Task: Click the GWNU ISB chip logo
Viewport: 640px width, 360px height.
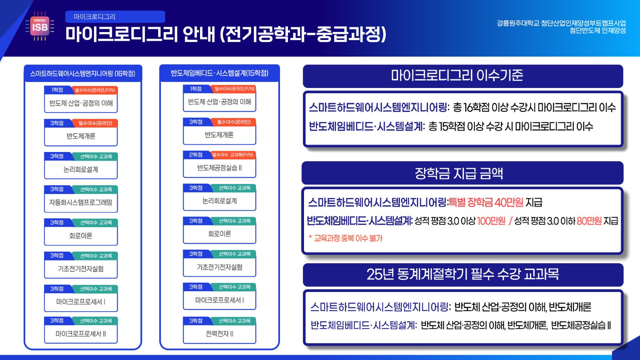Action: [x=40, y=26]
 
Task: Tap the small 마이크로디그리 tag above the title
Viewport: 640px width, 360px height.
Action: [x=115, y=16]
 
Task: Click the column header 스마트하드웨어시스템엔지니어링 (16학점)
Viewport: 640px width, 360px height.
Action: [x=83, y=74]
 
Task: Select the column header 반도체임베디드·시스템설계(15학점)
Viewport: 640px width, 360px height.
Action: [x=220, y=73]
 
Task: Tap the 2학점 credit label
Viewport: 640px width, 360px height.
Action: [x=196, y=154]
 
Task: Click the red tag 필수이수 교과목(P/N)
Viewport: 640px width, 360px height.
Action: [x=232, y=154]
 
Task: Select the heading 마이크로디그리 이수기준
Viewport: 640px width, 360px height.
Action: [x=457, y=76]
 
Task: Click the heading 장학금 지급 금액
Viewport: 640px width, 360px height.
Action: [x=459, y=173]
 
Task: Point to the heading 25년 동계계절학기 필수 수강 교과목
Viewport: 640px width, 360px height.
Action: [x=462, y=274]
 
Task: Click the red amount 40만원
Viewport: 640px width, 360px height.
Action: [x=509, y=202]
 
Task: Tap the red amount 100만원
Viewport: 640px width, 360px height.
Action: [x=491, y=221]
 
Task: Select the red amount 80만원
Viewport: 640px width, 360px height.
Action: [x=589, y=221]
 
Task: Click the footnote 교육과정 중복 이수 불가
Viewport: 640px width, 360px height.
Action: [x=348, y=238]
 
